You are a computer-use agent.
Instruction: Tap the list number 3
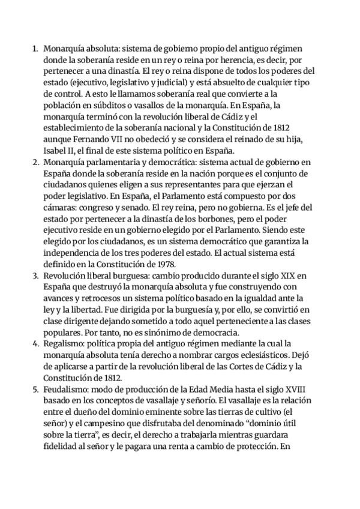click(x=35, y=276)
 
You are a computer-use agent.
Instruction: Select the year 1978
click(x=162, y=264)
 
